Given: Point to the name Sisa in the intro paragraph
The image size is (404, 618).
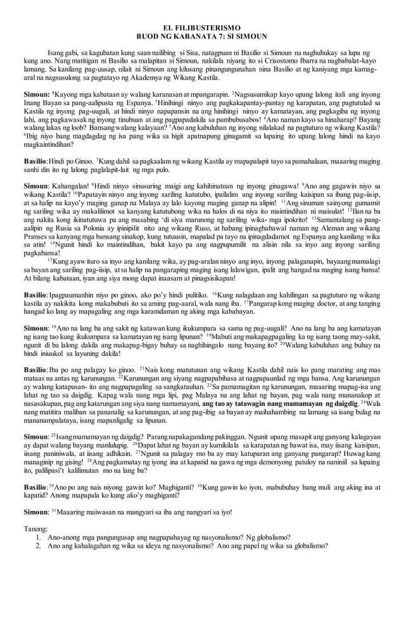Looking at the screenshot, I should tap(189, 57).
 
